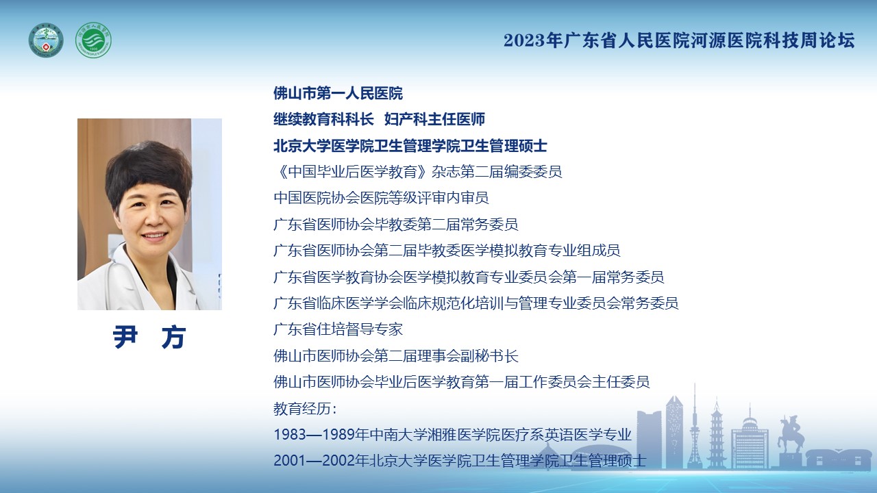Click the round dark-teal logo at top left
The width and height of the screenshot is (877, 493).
[46, 40]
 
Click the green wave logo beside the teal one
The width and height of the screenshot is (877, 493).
[93, 40]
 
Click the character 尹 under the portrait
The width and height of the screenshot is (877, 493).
[125, 336]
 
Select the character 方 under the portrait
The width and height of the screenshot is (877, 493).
[173, 336]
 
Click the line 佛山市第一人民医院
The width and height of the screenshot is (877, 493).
[338, 93]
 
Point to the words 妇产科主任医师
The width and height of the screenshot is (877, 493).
[434, 119]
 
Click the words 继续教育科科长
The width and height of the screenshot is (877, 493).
[324, 119]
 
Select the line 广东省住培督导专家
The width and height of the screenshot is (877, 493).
[338, 329]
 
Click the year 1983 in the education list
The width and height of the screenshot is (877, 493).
[290, 435]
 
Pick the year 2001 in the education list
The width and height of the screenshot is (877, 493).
[290, 461]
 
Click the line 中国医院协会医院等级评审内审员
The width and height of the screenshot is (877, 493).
[382, 198]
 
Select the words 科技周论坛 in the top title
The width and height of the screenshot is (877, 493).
[809, 40]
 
